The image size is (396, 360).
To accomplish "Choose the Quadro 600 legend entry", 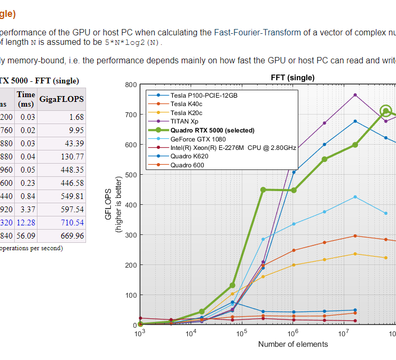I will tap(187, 165).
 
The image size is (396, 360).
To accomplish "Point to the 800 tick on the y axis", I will tap(131, 85).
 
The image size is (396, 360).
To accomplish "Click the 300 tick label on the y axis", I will tap(131, 235).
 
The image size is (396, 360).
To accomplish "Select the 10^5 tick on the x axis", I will tap(242, 334).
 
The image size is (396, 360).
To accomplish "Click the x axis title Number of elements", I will tap(293, 344).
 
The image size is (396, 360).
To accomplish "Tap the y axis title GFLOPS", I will tap(109, 204).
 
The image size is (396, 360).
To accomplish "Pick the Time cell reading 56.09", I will tap(25, 236).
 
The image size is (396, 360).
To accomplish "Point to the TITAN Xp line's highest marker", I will tap(355, 95).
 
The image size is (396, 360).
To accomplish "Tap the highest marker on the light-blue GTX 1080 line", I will tap(355, 197).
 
